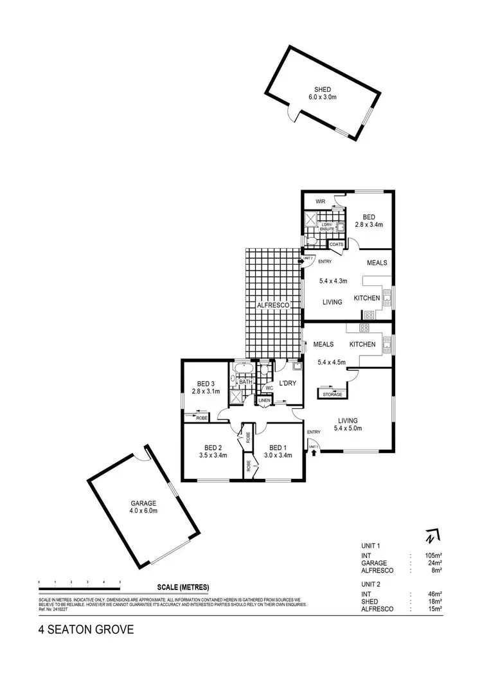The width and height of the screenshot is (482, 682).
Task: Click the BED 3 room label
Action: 206,387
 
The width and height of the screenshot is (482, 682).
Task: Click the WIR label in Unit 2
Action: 320,202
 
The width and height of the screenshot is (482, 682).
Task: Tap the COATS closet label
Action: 336,244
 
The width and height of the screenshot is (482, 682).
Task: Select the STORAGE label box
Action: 332,394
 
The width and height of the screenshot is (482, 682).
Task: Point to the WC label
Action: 269,388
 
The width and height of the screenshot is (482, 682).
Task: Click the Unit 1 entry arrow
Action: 314,453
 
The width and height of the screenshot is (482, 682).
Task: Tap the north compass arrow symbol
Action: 430,535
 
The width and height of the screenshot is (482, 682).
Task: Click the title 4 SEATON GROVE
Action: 85,629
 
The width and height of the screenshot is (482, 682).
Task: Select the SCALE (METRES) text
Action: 183,587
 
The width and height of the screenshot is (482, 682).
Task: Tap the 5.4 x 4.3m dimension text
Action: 333,281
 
